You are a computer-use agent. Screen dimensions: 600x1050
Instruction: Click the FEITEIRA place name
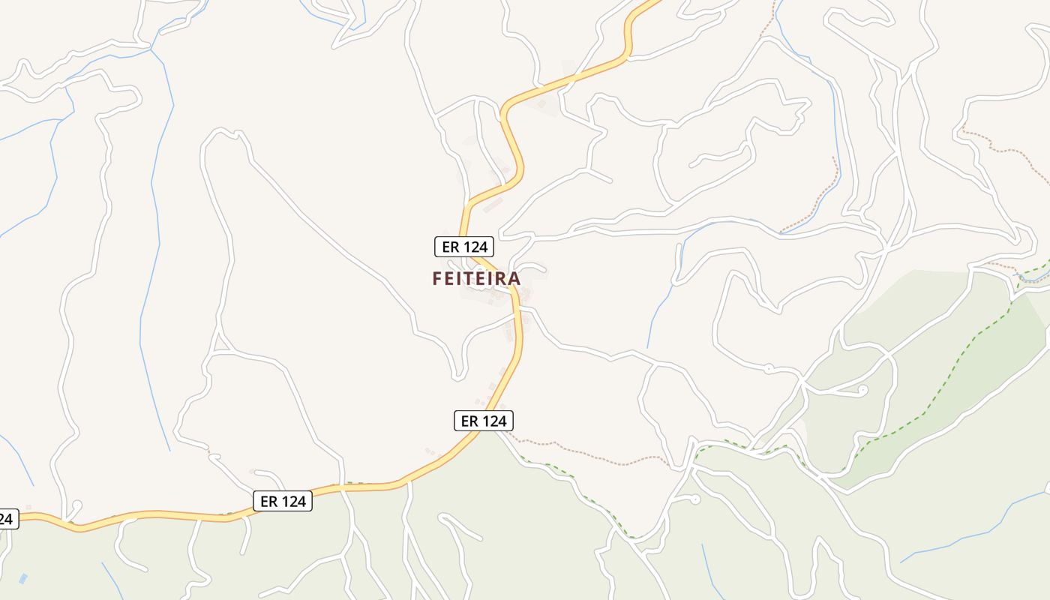click(476, 278)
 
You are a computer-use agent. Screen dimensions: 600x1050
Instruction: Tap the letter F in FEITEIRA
click(437, 278)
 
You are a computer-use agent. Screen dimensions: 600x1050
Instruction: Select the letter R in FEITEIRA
click(499, 278)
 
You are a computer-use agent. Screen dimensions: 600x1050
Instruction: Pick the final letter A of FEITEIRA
click(514, 278)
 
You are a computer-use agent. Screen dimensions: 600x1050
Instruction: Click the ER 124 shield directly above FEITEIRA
click(464, 246)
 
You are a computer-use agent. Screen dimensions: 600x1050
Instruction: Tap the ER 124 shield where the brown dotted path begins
click(484, 421)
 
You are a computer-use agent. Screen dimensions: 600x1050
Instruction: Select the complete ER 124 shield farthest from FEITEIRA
click(283, 501)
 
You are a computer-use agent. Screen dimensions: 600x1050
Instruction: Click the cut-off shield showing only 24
click(7, 517)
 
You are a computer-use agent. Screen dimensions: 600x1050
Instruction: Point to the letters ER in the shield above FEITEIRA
click(451, 246)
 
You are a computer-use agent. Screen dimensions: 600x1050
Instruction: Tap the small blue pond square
click(22, 578)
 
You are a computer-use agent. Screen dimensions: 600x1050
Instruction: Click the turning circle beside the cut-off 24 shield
click(76, 505)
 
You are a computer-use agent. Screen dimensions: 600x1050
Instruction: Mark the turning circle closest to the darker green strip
click(862, 390)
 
